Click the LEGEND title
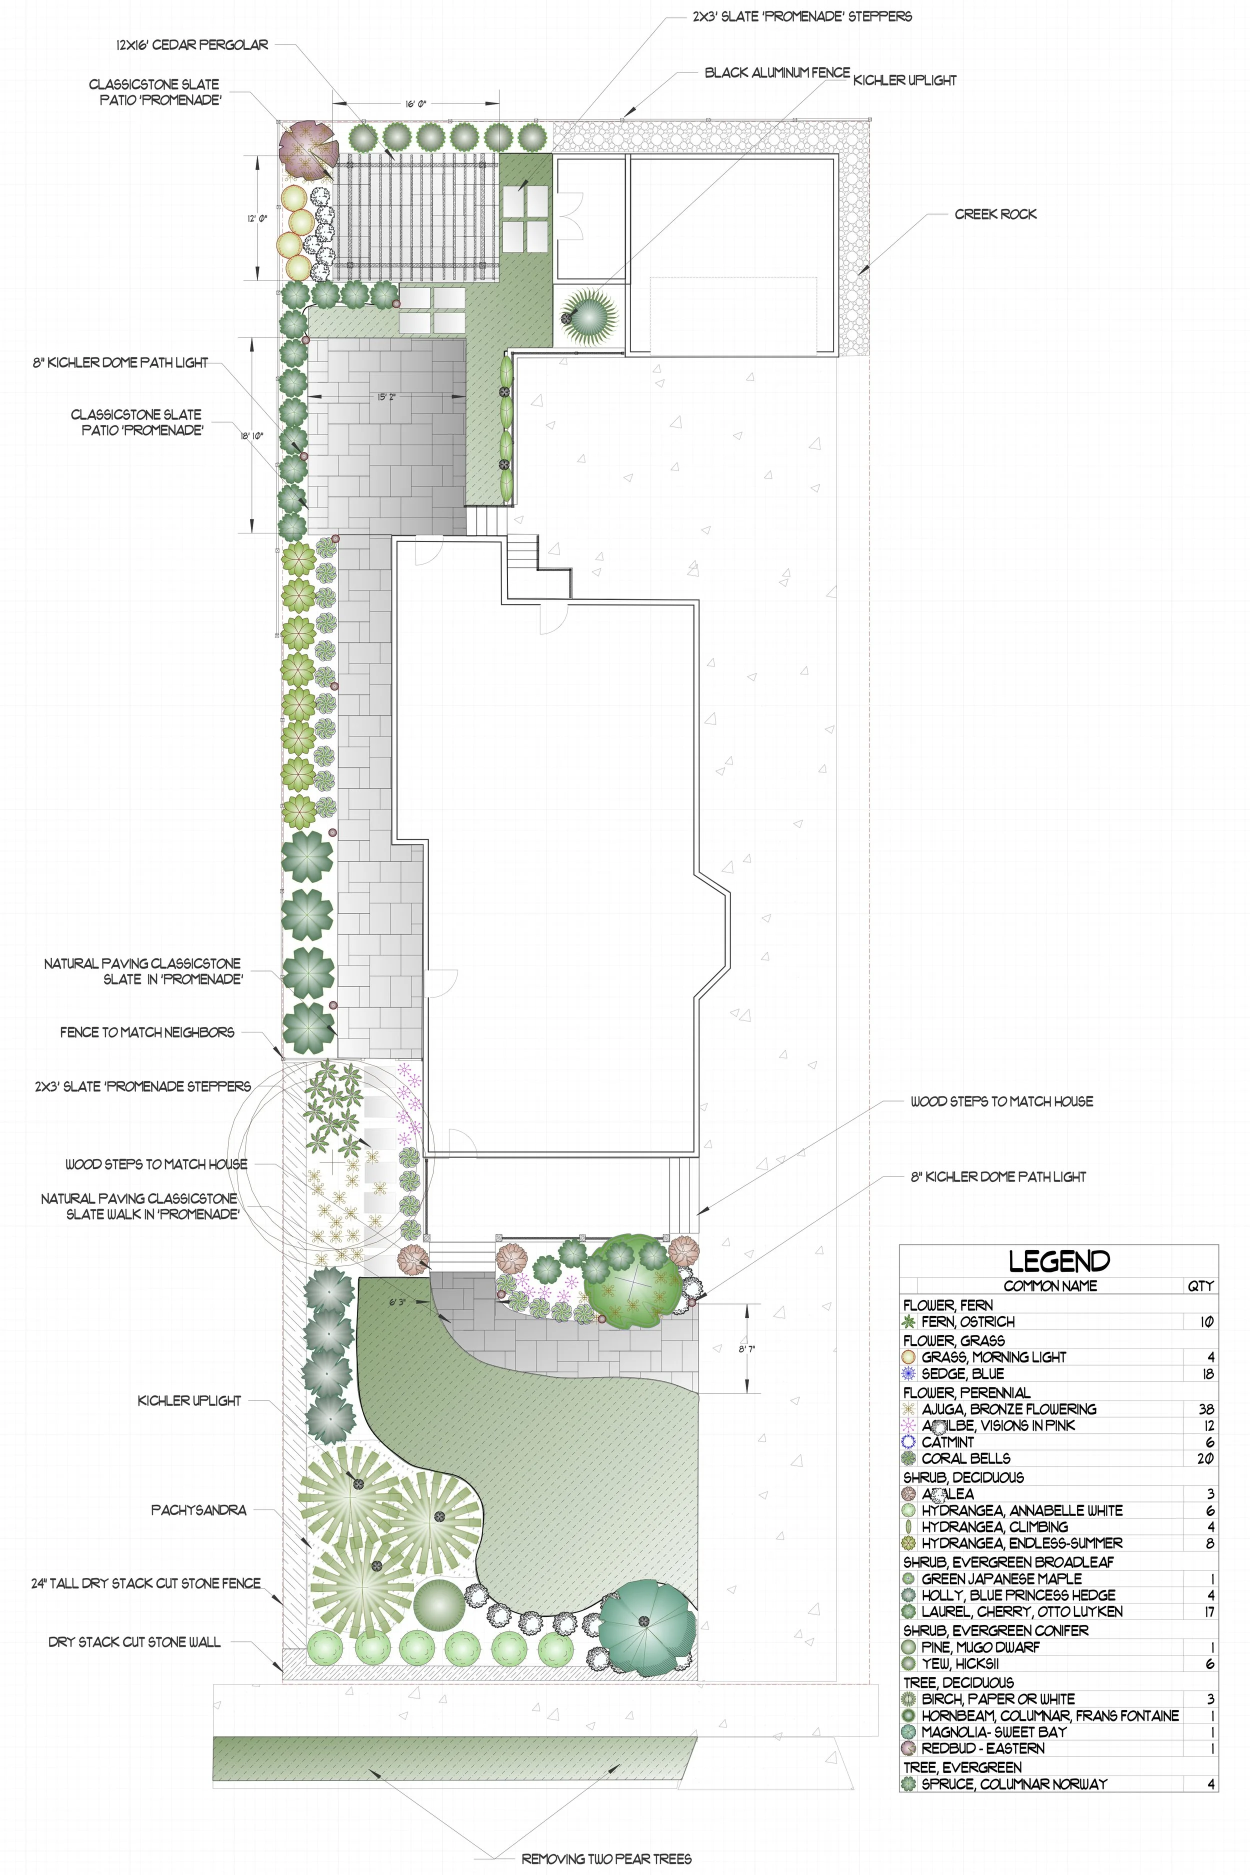click(1058, 1260)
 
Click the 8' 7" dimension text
click(746, 1349)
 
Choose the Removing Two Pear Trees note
click(606, 1858)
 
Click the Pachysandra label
click(198, 1510)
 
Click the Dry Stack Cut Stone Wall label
click(134, 1641)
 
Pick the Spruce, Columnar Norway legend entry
click(1014, 1783)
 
